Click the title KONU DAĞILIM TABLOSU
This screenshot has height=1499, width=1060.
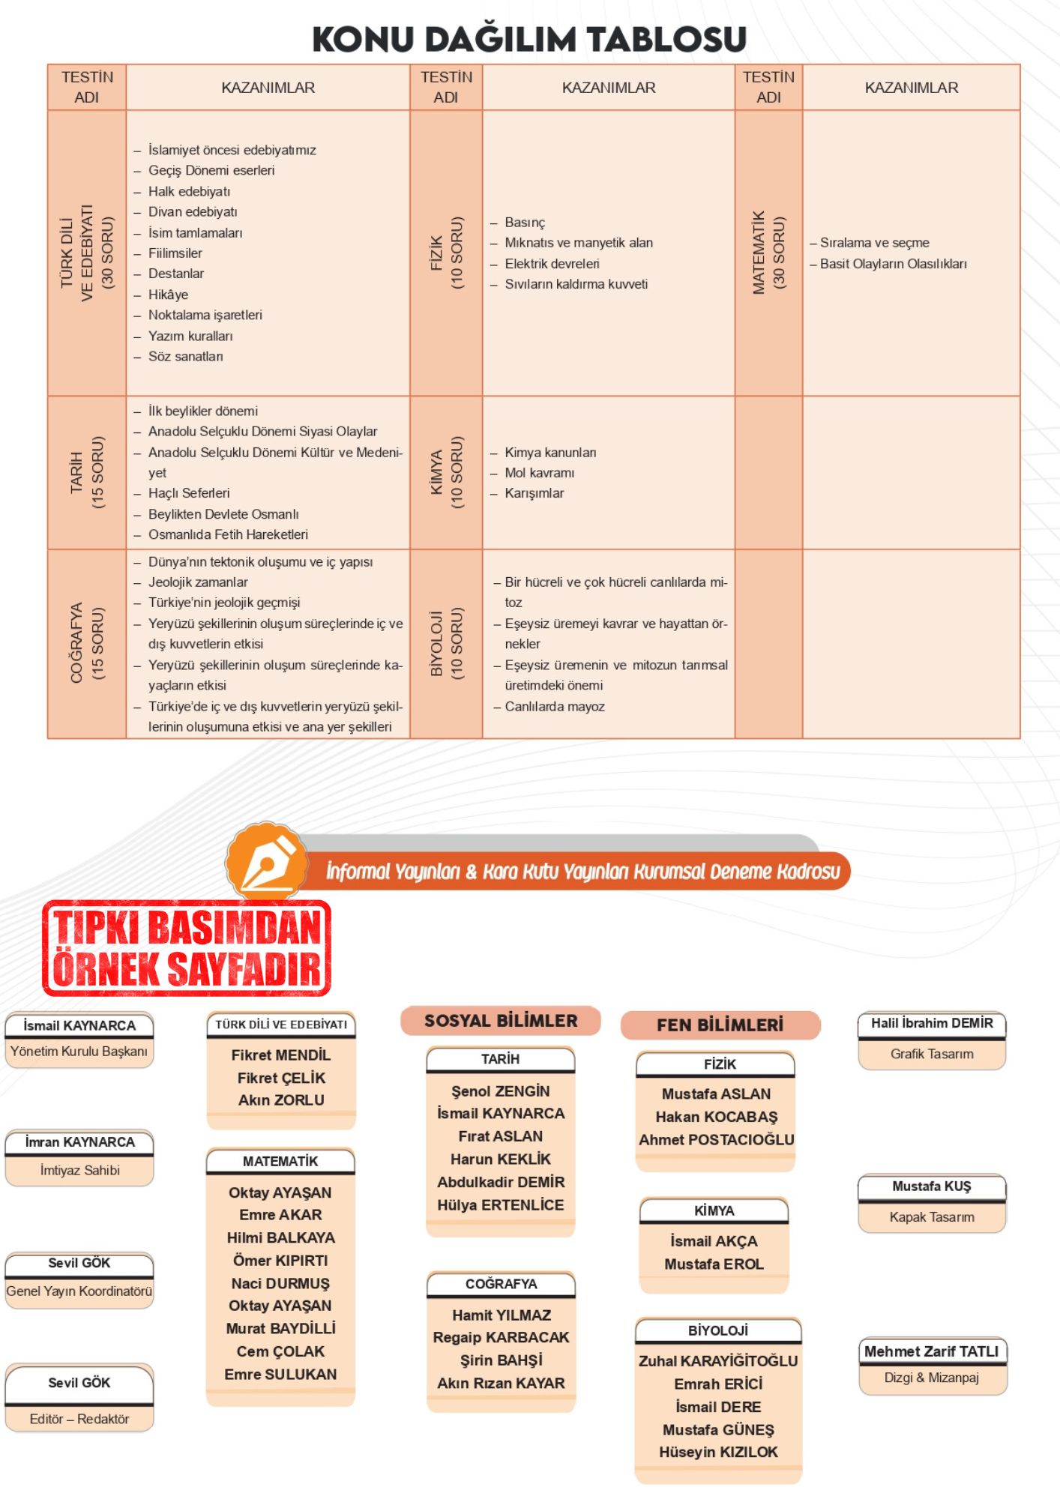click(529, 39)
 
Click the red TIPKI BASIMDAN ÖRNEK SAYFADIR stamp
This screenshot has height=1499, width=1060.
click(187, 948)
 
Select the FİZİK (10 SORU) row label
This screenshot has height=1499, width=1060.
click(447, 253)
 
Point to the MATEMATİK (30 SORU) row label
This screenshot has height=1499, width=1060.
click(769, 253)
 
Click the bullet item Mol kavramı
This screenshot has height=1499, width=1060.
click(539, 473)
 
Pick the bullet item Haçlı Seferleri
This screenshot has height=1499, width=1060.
click(188, 493)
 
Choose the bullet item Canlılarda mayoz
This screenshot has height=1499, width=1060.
click(554, 706)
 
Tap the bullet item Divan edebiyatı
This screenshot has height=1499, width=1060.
click(192, 212)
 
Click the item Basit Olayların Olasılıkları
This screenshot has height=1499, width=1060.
click(892, 264)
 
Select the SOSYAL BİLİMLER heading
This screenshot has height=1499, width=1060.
click(501, 1021)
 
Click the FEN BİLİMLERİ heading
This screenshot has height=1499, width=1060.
click(720, 1025)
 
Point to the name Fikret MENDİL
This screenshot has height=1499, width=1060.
click(281, 1055)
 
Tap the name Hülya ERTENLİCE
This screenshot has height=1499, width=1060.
click(501, 1205)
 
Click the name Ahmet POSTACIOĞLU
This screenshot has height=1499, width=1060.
click(716, 1140)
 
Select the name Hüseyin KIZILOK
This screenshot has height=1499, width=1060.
click(718, 1452)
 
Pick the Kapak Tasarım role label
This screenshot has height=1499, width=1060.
click(932, 1217)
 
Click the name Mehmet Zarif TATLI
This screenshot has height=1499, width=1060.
click(932, 1351)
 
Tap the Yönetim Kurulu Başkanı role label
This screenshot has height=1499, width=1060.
click(79, 1052)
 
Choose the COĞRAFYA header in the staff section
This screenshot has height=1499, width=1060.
click(501, 1284)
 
